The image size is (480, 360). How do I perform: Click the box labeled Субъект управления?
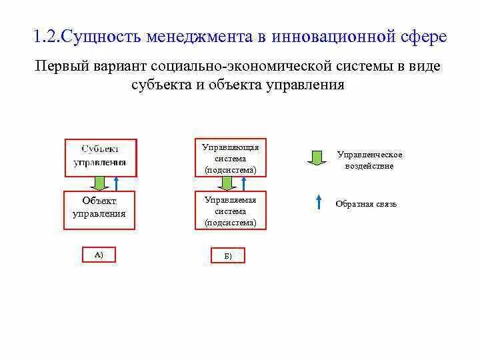(x=101, y=157)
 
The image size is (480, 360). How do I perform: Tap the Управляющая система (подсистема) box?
(x=231, y=159)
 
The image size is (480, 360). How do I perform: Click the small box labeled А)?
(x=99, y=254)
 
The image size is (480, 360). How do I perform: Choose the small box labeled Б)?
(x=228, y=255)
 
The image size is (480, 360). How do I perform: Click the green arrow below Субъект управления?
(x=99, y=183)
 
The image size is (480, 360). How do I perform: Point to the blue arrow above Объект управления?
(x=116, y=183)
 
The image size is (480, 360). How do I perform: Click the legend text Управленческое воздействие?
(x=369, y=160)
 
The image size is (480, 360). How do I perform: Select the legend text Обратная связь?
(x=366, y=204)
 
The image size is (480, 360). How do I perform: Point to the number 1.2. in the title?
(x=46, y=37)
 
